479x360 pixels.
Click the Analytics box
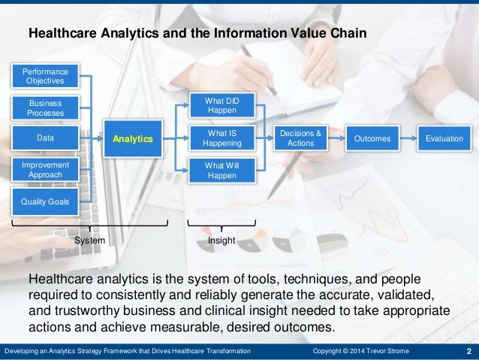coord(133,138)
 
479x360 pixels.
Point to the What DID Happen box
coord(221,105)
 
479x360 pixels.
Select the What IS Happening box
coord(221,138)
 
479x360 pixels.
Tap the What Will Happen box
coord(221,170)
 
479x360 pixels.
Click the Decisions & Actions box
coord(300,138)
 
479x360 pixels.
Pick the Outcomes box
coord(373,138)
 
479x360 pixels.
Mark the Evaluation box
coord(444,138)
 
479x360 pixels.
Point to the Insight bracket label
coord(221,241)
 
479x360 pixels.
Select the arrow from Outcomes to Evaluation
coord(408,138)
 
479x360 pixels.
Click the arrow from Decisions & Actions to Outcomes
coord(336,138)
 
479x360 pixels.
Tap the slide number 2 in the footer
coord(468,352)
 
